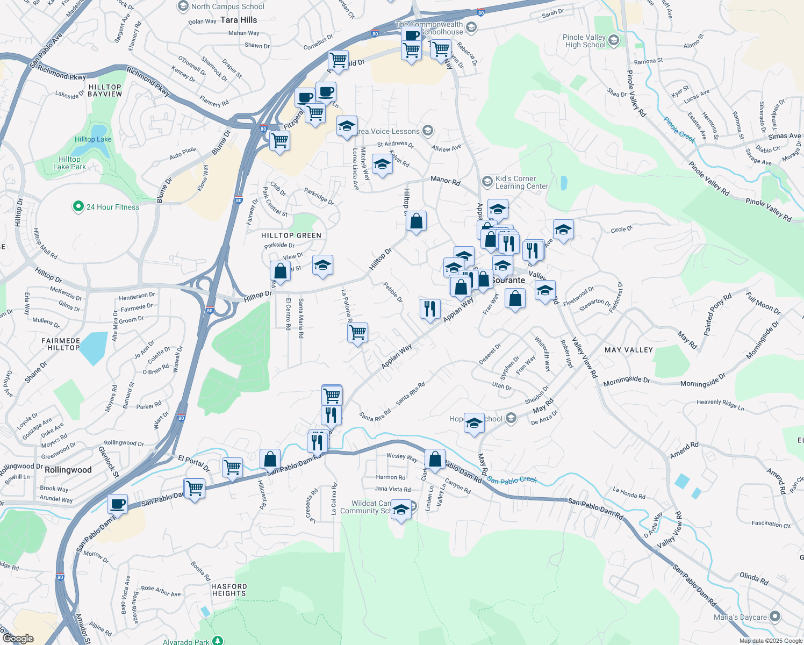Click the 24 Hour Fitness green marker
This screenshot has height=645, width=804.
pos(78,206)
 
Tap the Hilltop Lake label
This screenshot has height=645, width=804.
pos(93,139)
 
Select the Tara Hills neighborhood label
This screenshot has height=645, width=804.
pos(239,20)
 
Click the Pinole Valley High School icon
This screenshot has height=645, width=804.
pos(613,40)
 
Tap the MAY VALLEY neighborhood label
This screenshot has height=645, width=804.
pos(629,350)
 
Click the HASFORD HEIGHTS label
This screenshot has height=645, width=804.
pos(229,590)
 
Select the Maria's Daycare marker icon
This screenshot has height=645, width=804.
pos(775,617)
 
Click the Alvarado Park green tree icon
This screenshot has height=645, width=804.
pos(218,641)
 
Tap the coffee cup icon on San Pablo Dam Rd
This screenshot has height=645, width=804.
pos(117,504)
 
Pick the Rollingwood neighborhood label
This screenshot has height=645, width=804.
pos(68,470)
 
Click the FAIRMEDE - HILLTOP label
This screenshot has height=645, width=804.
pos(61,344)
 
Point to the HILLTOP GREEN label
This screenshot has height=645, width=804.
pos(291,235)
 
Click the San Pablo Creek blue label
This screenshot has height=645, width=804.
pos(512,480)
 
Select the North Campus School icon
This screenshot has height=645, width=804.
pos(183,6)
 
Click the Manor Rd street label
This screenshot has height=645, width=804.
pos(446,181)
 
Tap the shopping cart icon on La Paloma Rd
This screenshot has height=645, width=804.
pos(358,333)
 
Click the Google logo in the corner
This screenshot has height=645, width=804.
pos(18,638)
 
